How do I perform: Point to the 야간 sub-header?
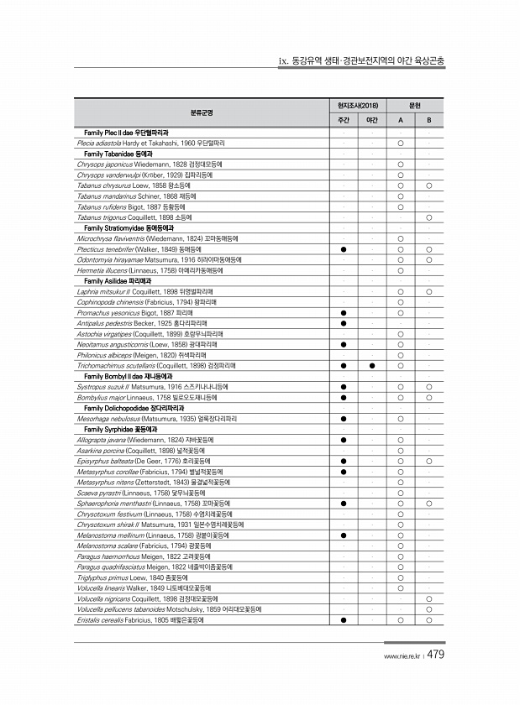point(372,121)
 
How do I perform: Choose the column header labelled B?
point(428,121)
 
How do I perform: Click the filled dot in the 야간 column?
point(372,366)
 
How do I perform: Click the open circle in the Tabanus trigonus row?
point(428,217)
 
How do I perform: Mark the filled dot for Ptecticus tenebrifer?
point(344,249)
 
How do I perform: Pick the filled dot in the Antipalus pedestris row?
point(344,323)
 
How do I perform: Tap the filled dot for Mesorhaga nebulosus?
point(344,418)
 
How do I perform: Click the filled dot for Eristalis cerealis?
point(344,619)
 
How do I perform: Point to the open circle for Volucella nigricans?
point(428,598)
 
